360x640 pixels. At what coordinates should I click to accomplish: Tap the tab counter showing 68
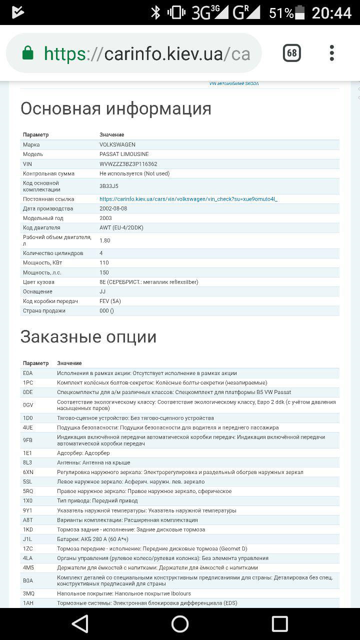(291, 53)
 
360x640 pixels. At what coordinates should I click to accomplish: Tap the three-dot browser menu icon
(332, 53)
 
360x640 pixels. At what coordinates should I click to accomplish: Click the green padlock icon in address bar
(28, 53)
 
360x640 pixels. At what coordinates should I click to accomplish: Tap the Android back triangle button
(80, 623)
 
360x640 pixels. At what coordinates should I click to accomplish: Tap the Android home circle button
(180, 623)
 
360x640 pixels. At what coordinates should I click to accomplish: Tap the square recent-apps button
(279, 623)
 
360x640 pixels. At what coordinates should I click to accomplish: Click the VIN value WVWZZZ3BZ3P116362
(128, 164)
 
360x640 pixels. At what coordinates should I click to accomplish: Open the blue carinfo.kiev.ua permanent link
(188, 199)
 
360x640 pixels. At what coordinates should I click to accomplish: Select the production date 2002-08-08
(113, 208)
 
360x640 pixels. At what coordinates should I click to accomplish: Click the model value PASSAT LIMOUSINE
(123, 154)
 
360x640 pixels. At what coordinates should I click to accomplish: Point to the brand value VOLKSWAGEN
(117, 144)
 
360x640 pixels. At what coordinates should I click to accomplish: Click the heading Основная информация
(116, 108)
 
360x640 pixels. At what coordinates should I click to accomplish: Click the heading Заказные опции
(88, 337)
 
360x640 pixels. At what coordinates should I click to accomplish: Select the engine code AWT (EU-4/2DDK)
(121, 227)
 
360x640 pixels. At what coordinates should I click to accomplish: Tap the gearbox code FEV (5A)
(110, 301)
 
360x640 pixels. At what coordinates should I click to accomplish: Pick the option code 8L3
(27, 462)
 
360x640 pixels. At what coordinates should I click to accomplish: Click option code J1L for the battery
(27, 539)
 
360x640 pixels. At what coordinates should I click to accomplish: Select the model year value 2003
(106, 218)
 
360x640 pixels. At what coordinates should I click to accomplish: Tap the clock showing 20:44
(331, 12)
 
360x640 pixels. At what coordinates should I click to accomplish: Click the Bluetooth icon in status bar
(155, 12)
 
